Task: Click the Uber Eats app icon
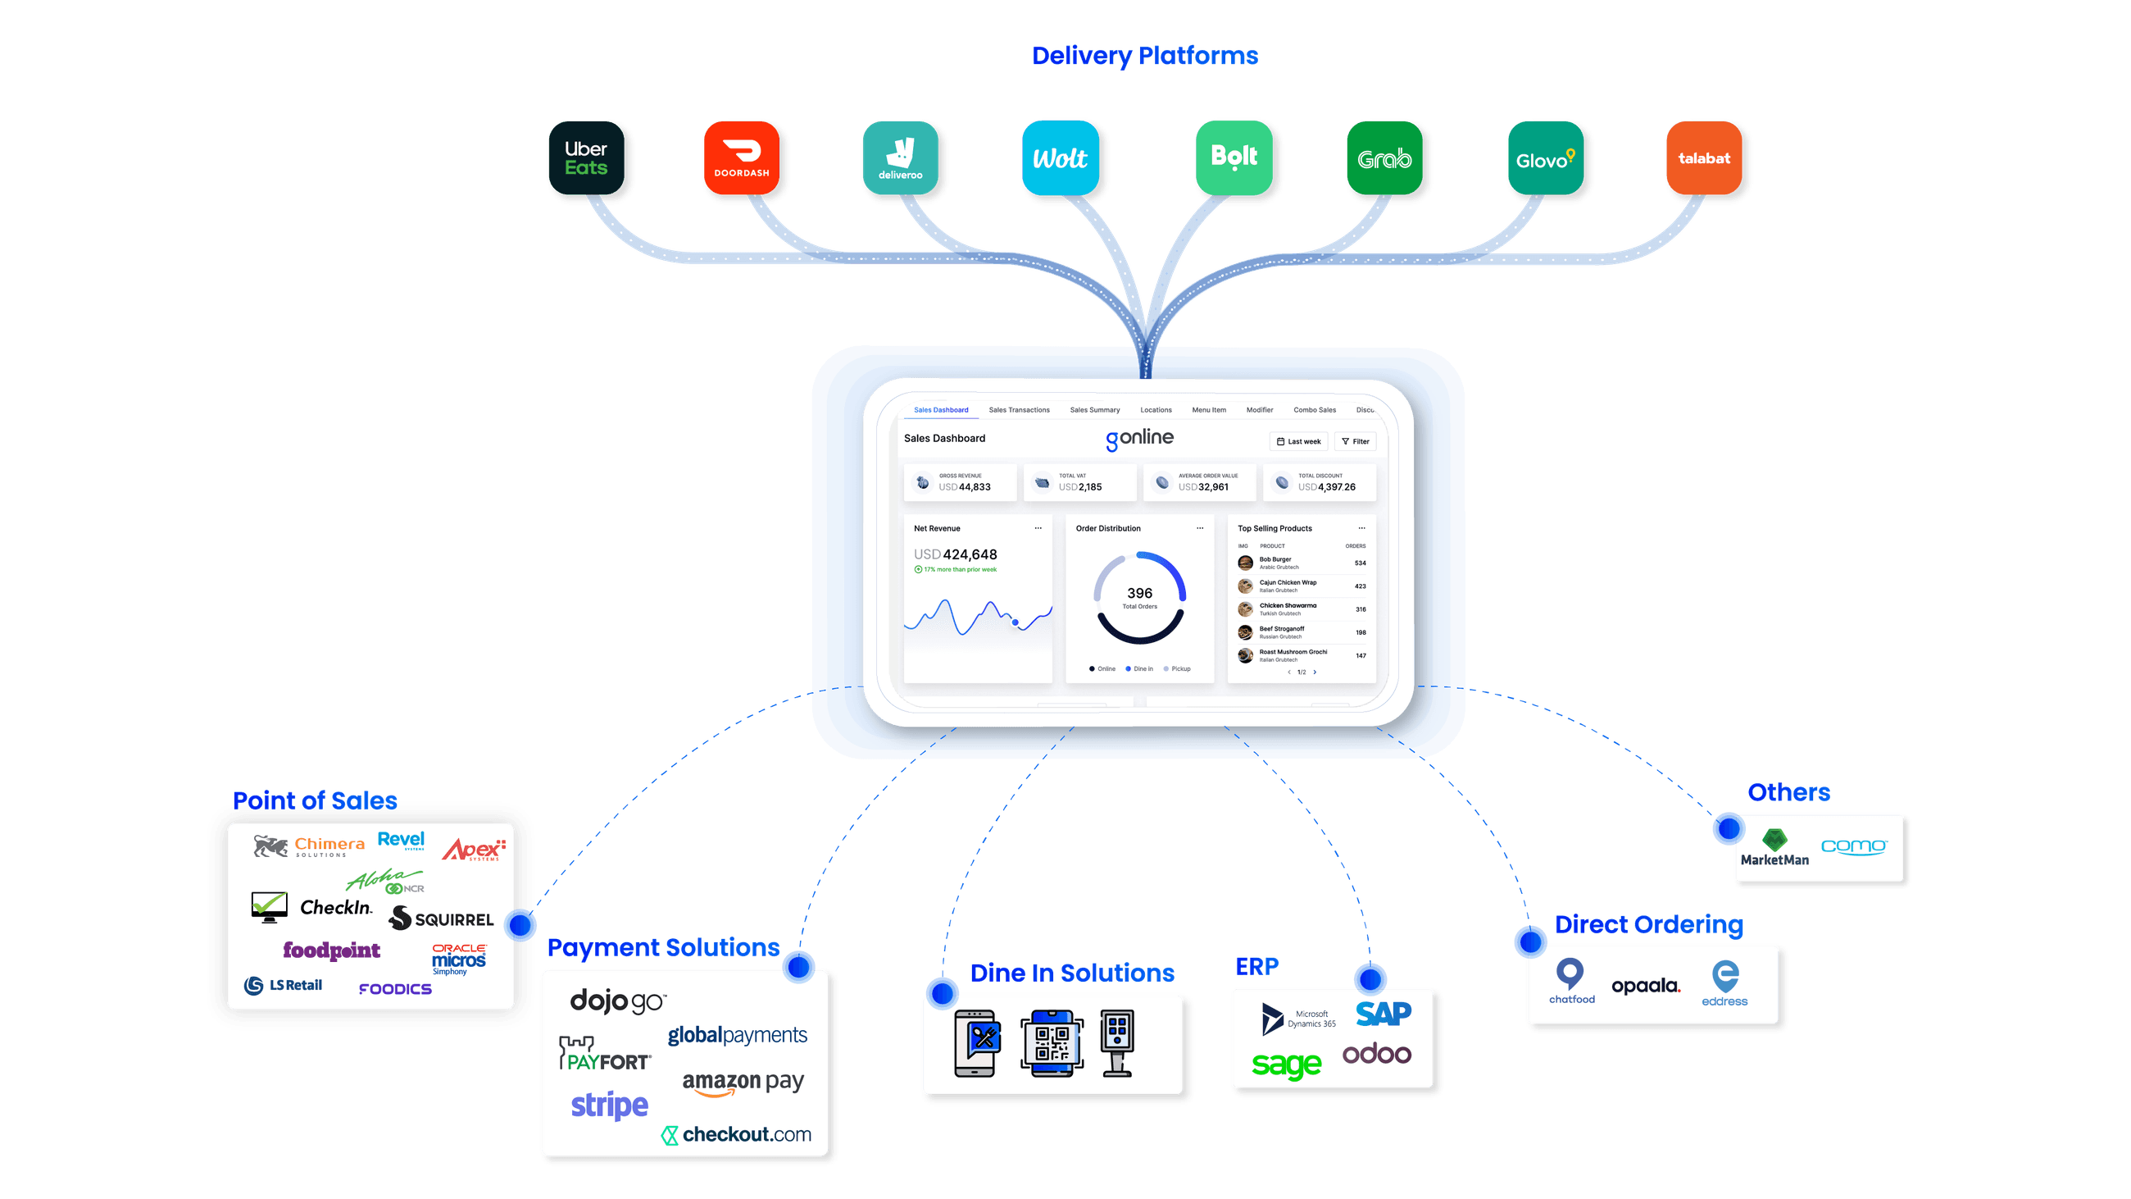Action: coord(586,158)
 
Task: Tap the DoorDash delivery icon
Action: coord(741,158)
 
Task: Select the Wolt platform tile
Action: coord(1060,158)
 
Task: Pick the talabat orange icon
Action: coord(1703,158)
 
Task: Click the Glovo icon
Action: coord(1544,158)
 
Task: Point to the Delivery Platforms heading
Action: coord(1145,57)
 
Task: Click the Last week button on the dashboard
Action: coord(1298,442)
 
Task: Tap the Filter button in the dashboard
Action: coord(1355,442)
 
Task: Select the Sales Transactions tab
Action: coord(1018,410)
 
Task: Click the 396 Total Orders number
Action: coord(1139,593)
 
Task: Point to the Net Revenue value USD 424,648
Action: coord(956,554)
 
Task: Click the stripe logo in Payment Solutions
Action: coord(610,1106)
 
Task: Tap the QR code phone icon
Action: coord(1052,1043)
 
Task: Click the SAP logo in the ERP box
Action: coord(1384,1014)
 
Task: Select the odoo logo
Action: coord(1377,1054)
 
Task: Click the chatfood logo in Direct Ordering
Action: coord(1571,982)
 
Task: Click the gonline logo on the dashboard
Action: coord(1139,439)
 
